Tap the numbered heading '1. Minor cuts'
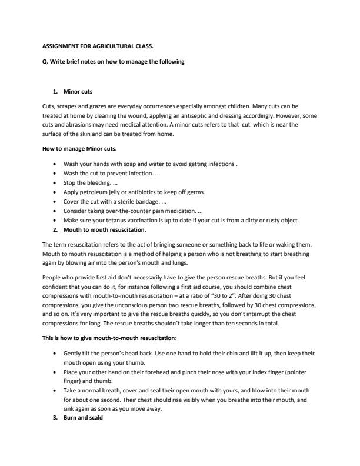pyautogui.click(x=78, y=93)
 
